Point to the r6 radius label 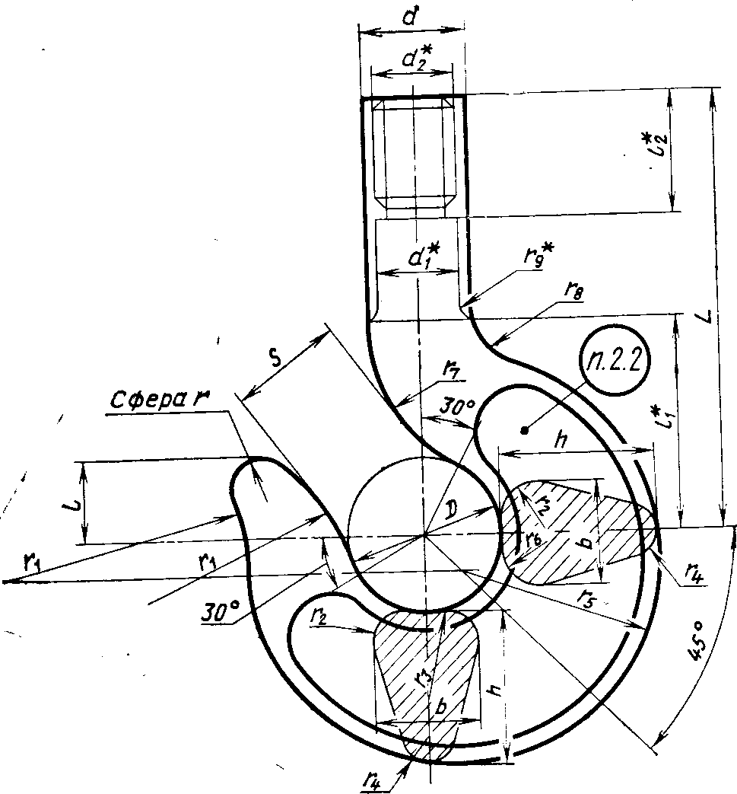coord(534,537)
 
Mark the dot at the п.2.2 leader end coord(525,431)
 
